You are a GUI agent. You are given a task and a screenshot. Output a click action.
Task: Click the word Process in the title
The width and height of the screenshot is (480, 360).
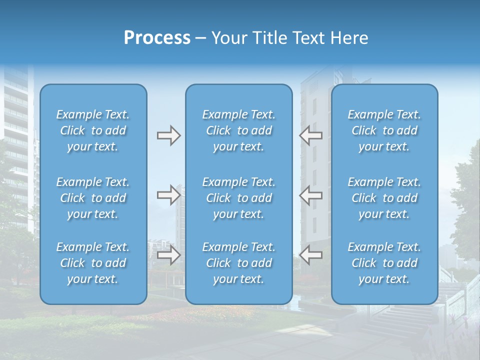(x=157, y=38)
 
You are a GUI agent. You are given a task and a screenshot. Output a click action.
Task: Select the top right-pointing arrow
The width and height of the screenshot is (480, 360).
(x=168, y=135)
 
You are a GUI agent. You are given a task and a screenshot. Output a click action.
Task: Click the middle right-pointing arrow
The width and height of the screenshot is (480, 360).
(x=168, y=195)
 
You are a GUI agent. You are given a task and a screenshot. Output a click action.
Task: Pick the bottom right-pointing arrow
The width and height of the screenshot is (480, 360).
(x=168, y=255)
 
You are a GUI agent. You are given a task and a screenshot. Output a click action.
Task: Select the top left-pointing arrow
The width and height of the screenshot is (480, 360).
(x=310, y=135)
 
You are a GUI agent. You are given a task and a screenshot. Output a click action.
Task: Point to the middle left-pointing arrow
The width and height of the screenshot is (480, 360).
(x=310, y=195)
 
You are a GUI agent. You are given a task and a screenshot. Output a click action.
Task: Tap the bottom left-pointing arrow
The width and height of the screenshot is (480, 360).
(x=310, y=255)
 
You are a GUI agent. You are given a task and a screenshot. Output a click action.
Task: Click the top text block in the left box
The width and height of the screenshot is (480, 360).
(x=93, y=130)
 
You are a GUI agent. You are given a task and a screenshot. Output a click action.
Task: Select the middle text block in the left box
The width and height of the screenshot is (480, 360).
(x=93, y=198)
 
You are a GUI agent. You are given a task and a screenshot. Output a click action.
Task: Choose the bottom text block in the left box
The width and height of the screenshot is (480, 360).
(x=93, y=263)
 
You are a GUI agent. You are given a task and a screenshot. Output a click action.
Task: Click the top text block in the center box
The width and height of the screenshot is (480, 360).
(x=239, y=130)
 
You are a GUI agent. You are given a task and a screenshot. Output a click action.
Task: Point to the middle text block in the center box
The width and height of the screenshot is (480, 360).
(x=239, y=198)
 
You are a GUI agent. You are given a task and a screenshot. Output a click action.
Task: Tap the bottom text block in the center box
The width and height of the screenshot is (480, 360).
(x=239, y=263)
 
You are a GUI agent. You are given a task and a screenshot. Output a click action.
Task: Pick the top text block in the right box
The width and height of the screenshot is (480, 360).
(x=384, y=130)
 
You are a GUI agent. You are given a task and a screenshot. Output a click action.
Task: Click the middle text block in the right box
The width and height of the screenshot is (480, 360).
(x=384, y=198)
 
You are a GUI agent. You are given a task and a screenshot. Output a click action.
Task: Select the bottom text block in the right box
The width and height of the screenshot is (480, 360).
(x=384, y=263)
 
